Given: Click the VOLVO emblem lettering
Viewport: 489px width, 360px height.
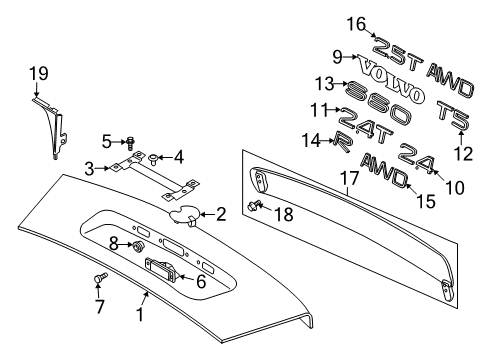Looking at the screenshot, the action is tap(391, 79).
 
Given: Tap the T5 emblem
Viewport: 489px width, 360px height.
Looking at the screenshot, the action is tap(454, 115).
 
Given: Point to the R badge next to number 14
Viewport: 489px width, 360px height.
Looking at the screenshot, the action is tap(342, 142).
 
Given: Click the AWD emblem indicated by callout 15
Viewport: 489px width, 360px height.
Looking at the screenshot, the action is tap(384, 170).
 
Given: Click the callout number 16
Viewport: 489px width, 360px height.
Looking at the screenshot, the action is tap(356, 24).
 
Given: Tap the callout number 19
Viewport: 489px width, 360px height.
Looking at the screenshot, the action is tap(39, 73).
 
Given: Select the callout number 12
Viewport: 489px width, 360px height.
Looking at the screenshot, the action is tap(463, 154).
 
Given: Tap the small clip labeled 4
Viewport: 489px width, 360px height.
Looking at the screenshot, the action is tap(154, 159).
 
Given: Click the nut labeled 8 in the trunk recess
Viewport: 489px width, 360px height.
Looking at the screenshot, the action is tap(137, 246).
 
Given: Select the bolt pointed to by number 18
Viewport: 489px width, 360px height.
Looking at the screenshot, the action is tap(254, 205).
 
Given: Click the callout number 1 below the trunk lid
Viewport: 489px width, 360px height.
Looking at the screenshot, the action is tap(140, 314).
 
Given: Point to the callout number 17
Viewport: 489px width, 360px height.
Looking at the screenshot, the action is tap(349, 178).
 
